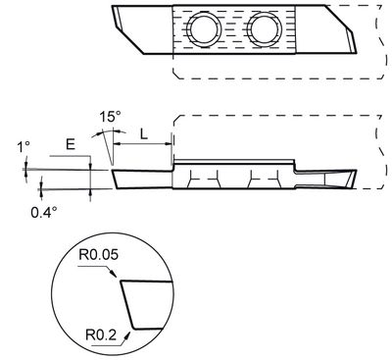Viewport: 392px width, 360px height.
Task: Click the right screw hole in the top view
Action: click(265, 31)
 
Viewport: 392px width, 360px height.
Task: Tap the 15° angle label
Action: click(110, 116)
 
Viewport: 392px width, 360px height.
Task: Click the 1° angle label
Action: click(24, 148)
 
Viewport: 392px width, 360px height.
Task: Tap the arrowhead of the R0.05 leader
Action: click(119, 281)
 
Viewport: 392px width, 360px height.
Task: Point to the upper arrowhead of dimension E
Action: click(90, 164)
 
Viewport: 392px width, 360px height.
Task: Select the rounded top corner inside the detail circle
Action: click(122, 283)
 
